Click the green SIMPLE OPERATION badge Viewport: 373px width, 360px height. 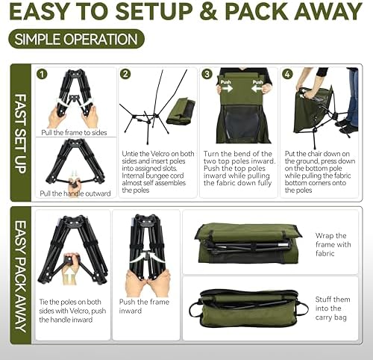coord(75,40)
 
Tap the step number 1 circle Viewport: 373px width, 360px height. coord(43,74)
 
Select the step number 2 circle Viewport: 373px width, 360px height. coord(125,74)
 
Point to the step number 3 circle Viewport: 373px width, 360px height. coord(207,74)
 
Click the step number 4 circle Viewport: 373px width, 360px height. coord(289,74)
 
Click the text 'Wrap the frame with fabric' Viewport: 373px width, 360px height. coord(333,245)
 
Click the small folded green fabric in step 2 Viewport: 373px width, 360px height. coord(180,111)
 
